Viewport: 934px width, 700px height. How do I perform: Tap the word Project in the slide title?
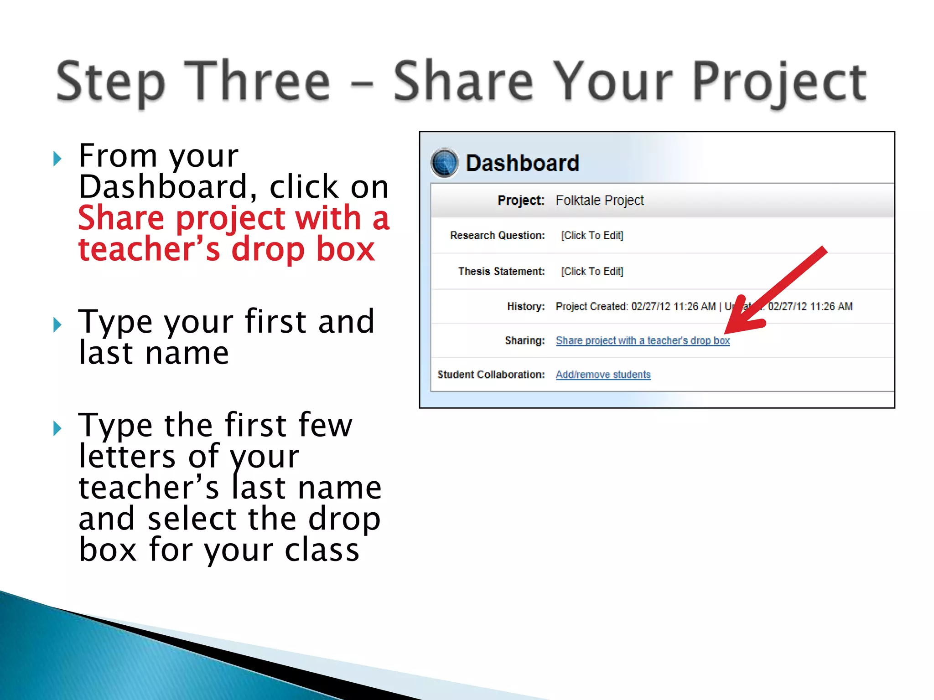pyautogui.click(x=779, y=82)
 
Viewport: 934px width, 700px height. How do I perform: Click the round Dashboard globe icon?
pyautogui.click(x=444, y=163)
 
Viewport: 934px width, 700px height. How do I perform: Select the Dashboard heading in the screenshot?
pyautogui.click(x=522, y=163)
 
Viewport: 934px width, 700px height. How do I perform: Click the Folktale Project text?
pyautogui.click(x=599, y=201)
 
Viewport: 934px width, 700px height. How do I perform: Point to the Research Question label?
pyautogui.click(x=497, y=236)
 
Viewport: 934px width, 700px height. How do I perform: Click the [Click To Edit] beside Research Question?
pyautogui.click(x=592, y=236)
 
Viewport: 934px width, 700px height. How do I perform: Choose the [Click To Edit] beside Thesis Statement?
pyautogui.click(x=592, y=272)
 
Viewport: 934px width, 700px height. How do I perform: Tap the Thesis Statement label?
pyautogui.click(x=501, y=272)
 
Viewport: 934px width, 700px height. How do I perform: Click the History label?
pyautogui.click(x=525, y=307)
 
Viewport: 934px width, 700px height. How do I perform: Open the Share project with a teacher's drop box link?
pyautogui.click(x=643, y=341)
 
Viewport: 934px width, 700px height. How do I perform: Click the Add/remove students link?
pyautogui.click(x=603, y=375)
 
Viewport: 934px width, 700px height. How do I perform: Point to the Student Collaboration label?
pyautogui.click(x=491, y=375)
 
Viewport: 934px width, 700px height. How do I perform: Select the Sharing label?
pyautogui.click(x=524, y=341)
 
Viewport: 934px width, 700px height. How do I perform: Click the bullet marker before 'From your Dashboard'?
pyautogui.click(x=57, y=159)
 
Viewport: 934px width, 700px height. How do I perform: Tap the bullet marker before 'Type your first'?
pyautogui.click(x=57, y=325)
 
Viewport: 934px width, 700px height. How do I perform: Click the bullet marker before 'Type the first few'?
pyautogui.click(x=57, y=428)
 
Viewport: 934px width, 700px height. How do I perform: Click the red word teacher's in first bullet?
pyautogui.click(x=149, y=250)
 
